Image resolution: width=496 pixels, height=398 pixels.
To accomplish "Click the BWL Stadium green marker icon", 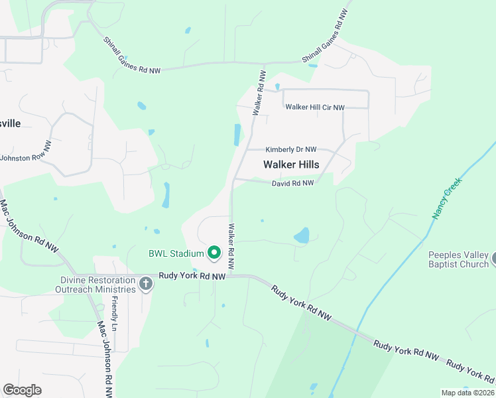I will point(214,253).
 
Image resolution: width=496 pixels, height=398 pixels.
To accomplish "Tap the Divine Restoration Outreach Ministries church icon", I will point(147,285).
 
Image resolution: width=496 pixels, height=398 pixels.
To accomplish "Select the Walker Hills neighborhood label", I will point(291,165).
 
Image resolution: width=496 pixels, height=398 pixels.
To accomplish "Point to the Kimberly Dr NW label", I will point(291,150).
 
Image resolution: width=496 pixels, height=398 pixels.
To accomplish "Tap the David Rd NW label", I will point(292,184).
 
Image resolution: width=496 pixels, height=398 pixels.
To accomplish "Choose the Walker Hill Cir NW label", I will point(315,107).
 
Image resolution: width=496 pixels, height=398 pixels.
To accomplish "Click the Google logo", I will point(22,390).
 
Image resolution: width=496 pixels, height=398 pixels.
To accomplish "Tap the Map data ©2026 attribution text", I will point(467,392).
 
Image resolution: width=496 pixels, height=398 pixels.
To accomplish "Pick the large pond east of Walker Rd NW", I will point(302,235).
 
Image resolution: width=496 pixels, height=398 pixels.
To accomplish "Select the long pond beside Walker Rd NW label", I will point(237,135).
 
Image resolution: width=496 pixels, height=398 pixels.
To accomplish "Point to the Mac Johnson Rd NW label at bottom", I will point(105,358).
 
